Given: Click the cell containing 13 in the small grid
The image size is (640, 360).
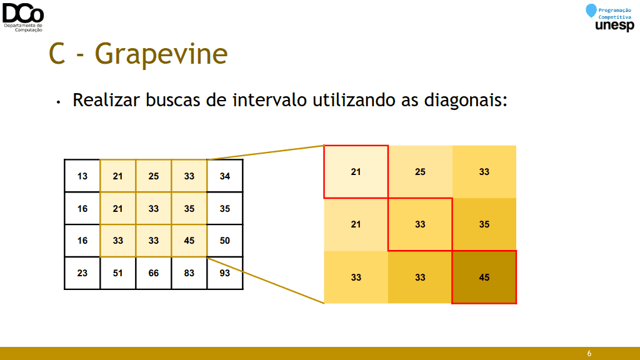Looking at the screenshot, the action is pos(82,176).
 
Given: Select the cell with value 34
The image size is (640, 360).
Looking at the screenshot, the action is pos(225,176).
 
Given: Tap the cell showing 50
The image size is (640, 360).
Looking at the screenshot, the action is pos(225,241).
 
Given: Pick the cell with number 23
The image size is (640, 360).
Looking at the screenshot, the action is pos(82,273).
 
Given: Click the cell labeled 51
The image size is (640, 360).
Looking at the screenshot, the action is pos(118,273).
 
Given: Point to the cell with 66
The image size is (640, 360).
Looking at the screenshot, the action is pos(154,273).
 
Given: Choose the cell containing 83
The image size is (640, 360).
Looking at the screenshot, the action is pos(189,273).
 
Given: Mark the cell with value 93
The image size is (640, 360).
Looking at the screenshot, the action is pos(225,273).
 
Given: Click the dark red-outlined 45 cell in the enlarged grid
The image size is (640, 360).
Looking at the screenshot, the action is pos(484,277).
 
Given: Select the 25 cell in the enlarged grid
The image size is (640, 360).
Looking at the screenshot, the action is pos(420,172).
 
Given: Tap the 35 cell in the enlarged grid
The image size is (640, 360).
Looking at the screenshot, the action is pos(484,224).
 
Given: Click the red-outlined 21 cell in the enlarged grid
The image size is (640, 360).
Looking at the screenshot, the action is pos(356,172).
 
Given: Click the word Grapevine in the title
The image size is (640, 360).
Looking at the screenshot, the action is pos(161,54).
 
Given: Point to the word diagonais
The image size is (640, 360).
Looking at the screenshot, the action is pos(465,100).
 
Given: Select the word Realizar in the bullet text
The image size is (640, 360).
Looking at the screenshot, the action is pos(106,100).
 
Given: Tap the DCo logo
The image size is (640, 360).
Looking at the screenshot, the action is pos(23,17).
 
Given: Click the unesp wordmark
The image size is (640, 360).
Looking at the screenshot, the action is pos(615,26).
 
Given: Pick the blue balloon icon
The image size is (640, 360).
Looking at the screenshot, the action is pos(591,11).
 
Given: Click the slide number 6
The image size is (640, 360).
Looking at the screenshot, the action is pos(589,354).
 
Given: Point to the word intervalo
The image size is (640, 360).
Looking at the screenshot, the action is pos(269,100).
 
